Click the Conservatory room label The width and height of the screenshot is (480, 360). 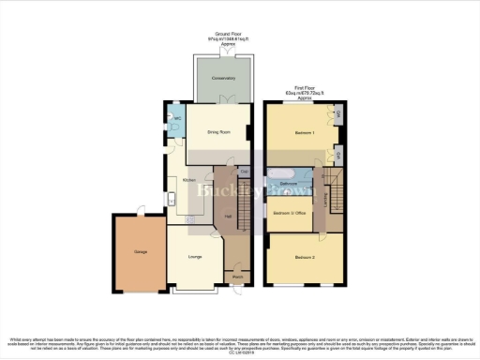[222, 79]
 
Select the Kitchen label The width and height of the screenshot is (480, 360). [188, 178]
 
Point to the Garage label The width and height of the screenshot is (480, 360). [127, 251]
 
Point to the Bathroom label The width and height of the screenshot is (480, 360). [288, 184]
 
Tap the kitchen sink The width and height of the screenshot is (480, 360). [173, 199]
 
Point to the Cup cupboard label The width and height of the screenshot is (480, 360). [244, 171]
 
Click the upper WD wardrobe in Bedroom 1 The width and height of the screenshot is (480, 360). [338, 114]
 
